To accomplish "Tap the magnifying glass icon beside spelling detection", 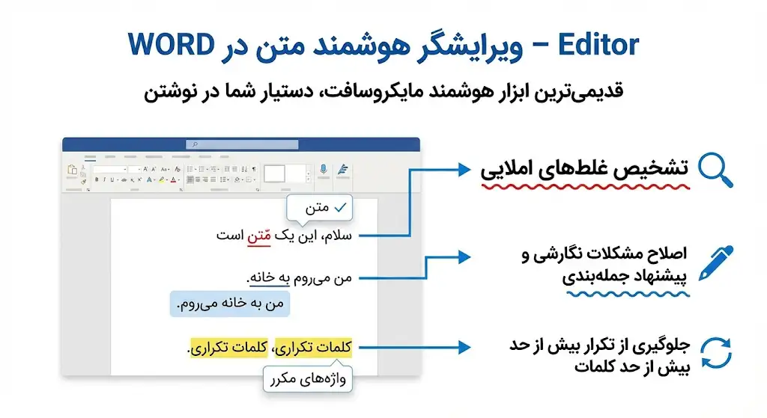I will (715, 170).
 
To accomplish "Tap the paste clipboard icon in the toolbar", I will (73, 171).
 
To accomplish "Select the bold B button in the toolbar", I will (97, 179).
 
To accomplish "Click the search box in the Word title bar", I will (240, 144).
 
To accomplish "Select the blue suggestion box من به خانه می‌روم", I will (230, 304).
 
